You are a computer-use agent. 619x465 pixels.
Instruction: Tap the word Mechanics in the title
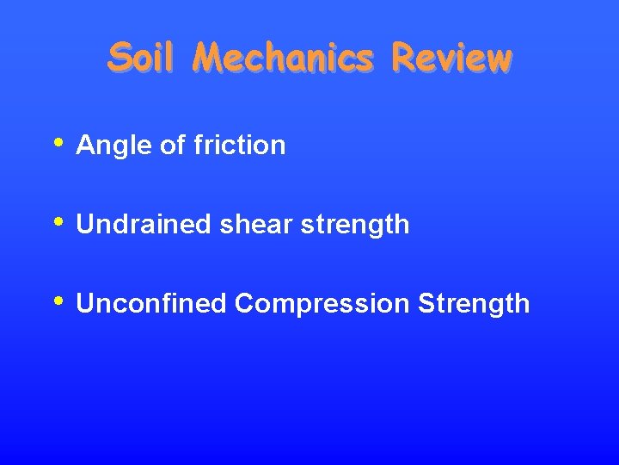click(x=283, y=58)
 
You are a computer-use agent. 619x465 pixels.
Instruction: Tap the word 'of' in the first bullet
click(x=173, y=145)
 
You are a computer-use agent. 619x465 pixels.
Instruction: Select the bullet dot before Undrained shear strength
click(x=58, y=220)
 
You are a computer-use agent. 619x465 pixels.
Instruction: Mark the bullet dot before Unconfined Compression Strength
click(x=58, y=300)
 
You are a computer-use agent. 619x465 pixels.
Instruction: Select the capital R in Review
click(x=401, y=58)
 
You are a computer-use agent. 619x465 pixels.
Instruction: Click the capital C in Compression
click(x=243, y=304)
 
